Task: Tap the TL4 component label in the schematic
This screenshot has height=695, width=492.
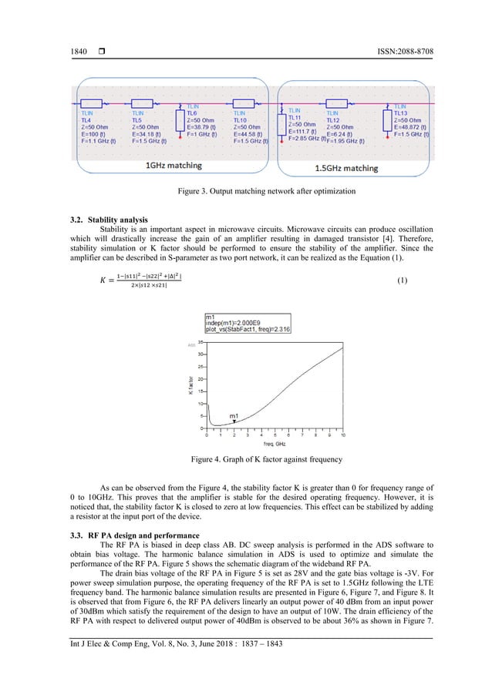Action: click(86, 121)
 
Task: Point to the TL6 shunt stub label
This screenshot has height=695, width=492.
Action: click(193, 113)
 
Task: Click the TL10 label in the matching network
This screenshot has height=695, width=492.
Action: click(241, 121)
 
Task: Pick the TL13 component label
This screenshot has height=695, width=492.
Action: click(402, 113)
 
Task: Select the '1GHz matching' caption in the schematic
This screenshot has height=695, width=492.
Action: click(174, 165)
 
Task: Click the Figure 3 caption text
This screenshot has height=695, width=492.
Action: click(245, 190)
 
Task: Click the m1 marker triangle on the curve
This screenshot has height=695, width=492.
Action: click(233, 423)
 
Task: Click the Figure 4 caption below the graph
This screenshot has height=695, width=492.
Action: click(245, 460)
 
